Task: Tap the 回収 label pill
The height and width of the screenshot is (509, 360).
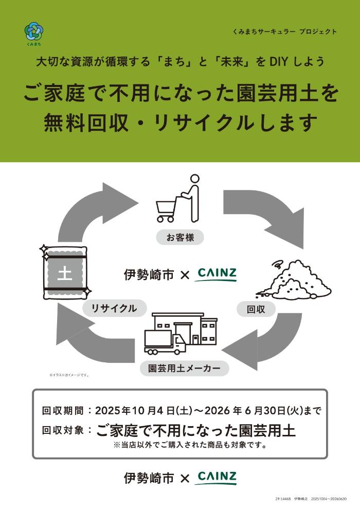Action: coord(256,309)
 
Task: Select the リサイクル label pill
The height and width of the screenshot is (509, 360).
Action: coord(114,308)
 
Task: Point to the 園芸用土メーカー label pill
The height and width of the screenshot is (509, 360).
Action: coord(184,368)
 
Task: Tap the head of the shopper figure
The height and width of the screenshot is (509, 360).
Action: coord(194,180)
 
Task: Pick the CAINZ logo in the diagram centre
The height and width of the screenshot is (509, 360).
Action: coord(216,274)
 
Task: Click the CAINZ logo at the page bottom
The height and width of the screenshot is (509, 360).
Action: coord(216,477)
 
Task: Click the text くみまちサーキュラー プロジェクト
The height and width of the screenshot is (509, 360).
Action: coord(284,32)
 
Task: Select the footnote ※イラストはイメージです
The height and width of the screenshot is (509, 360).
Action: coord(69,375)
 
